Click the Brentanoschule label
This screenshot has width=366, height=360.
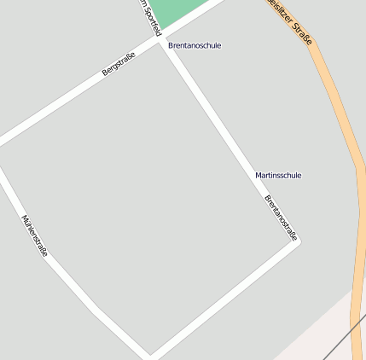(x=195, y=45)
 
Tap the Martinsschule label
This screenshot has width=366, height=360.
(x=278, y=175)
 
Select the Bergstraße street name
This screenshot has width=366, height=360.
(x=119, y=64)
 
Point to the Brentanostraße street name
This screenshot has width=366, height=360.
(x=281, y=218)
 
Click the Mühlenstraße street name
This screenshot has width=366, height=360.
(x=35, y=235)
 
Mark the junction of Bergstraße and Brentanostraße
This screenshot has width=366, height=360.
(x=160, y=40)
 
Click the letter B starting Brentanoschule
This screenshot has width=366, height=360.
(x=171, y=45)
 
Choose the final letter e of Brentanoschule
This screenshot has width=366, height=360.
(x=218, y=45)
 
